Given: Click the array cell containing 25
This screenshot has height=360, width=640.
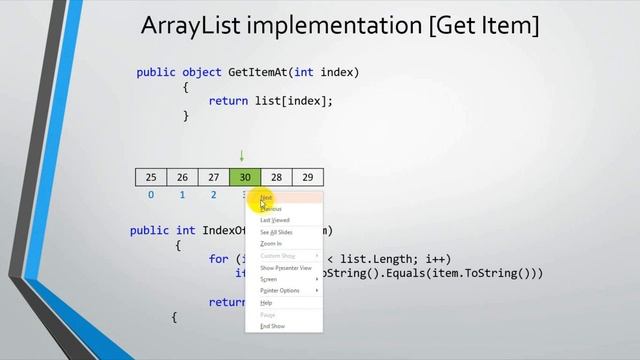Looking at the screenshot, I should click(150, 177).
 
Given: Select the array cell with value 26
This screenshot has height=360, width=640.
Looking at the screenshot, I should click(182, 177).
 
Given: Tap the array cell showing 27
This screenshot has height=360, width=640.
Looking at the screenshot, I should click(213, 177).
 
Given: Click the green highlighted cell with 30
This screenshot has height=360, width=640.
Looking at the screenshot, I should click(245, 177).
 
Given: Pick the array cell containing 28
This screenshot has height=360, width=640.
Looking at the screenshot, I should click(276, 177).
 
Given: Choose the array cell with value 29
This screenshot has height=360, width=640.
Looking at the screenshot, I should click(307, 177).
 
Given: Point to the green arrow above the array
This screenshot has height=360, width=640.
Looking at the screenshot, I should click(241, 156).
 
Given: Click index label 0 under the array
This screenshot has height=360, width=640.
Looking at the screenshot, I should click(150, 195).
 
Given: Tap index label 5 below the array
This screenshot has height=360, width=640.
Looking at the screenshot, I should click(307, 195).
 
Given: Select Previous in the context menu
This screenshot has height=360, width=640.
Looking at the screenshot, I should click(271, 209).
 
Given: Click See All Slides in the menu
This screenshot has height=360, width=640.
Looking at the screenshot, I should click(276, 232).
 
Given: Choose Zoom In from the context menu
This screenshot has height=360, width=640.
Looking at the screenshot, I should click(271, 243).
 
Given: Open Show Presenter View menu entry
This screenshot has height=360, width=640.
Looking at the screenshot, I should click(286, 268).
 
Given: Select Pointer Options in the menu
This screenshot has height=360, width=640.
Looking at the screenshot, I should click(280, 290).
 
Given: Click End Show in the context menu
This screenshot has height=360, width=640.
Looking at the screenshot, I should click(272, 326).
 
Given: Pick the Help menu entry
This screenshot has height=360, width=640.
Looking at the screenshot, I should click(266, 303).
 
